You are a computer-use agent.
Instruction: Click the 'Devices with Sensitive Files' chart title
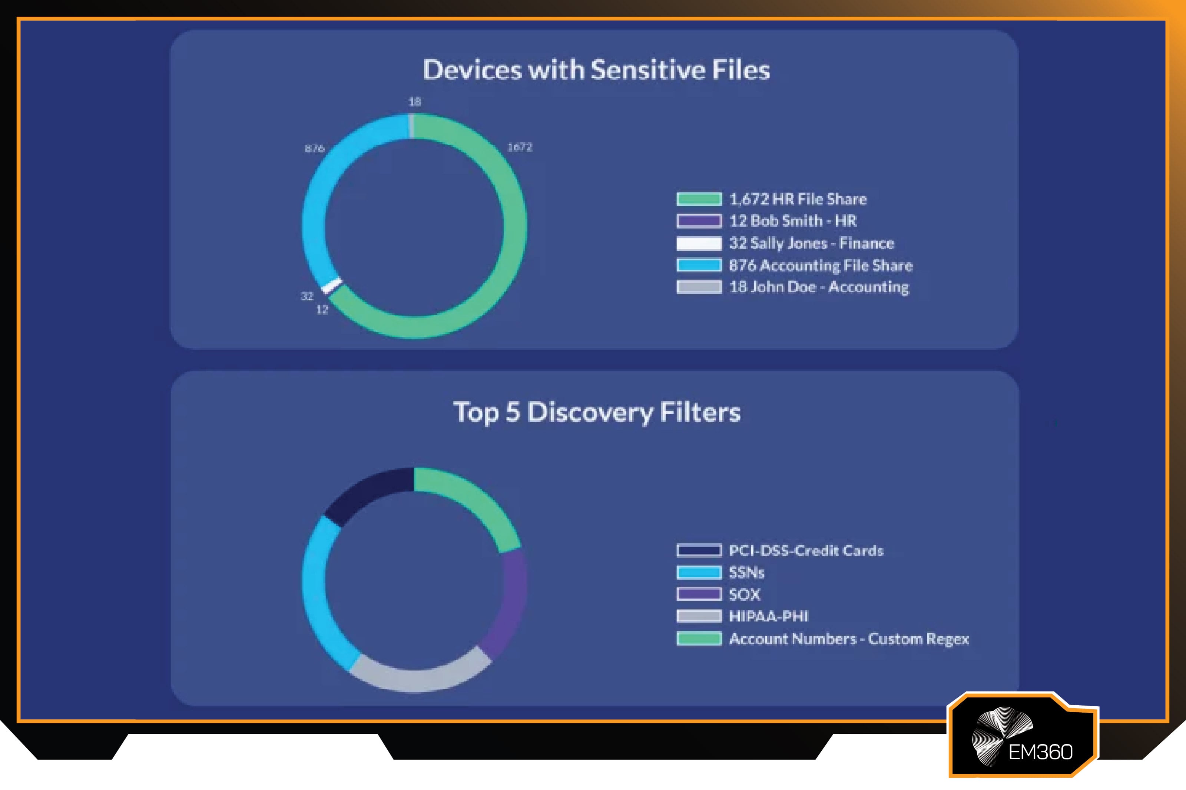click(x=596, y=70)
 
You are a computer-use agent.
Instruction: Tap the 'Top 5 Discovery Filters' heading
click(x=597, y=412)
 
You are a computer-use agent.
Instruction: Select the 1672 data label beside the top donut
click(x=519, y=147)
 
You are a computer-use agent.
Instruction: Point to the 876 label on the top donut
click(x=315, y=148)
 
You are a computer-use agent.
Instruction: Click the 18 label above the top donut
click(x=415, y=102)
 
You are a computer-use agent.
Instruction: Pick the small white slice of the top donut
click(x=332, y=286)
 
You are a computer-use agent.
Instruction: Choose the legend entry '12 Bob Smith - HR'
click(x=793, y=221)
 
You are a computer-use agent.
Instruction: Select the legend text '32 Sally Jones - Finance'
click(x=812, y=243)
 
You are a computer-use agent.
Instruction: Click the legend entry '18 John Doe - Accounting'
click(x=819, y=287)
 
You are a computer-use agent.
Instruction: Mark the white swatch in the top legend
click(x=699, y=243)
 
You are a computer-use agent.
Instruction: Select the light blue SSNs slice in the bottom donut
click(x=318, y=594)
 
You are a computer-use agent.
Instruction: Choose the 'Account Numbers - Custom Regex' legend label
click(x=849, y=639)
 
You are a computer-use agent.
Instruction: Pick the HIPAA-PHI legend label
click(x=768, y=616)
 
